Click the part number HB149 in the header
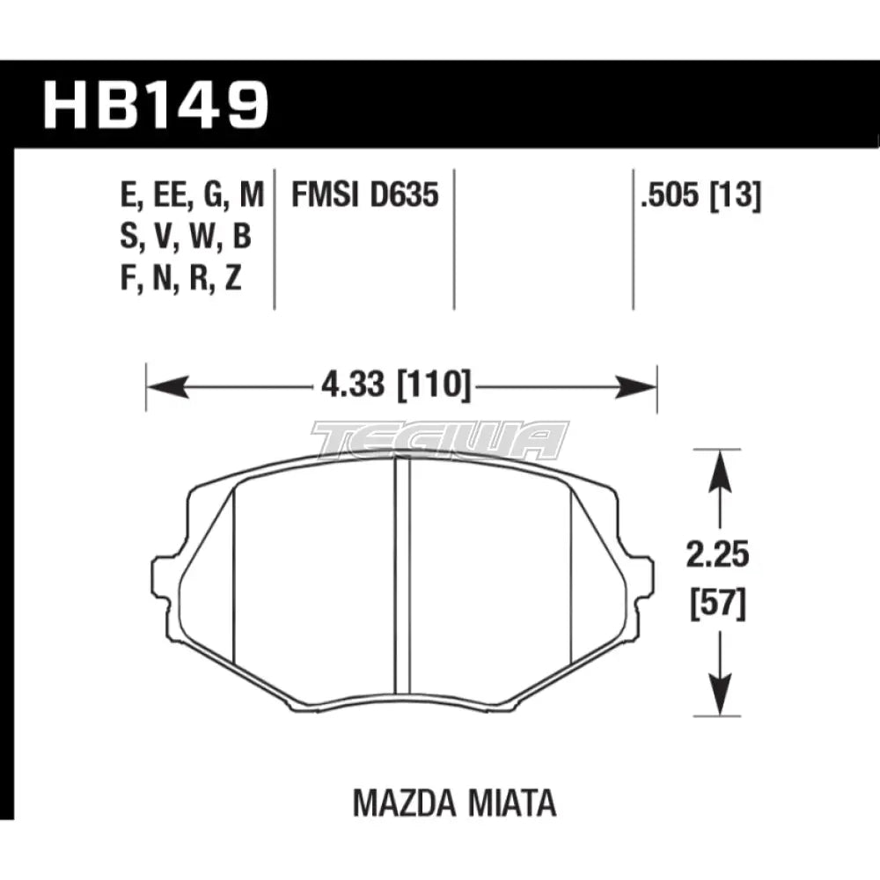[x=155, y=105]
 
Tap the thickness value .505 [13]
[x=701, y=196]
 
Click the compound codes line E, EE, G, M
[x=190, y=196]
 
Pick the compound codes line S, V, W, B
[x=184, y=238]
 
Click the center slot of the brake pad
[x=402, y=576]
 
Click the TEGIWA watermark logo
[x=440, y=440]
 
